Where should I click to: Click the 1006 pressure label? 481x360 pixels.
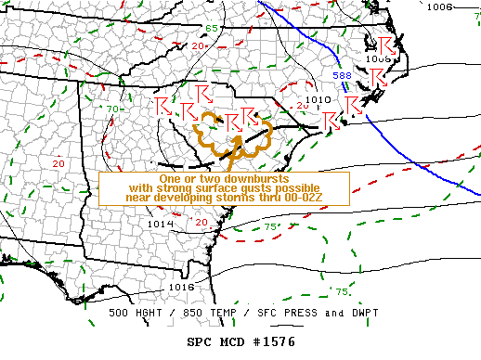tap(439, 6)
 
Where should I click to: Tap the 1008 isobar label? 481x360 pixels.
tap(379, 58)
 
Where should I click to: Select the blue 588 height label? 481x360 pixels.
tap(342, 74)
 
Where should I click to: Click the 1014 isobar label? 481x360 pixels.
tap(160, 224)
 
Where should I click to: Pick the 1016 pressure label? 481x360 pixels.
tap(181, 287)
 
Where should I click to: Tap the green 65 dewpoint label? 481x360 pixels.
tap(213, 29)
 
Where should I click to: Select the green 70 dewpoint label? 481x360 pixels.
tap(111, 109)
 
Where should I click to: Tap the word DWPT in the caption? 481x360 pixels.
tap(344, 315)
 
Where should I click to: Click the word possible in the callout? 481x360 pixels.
tap(299, 187)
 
